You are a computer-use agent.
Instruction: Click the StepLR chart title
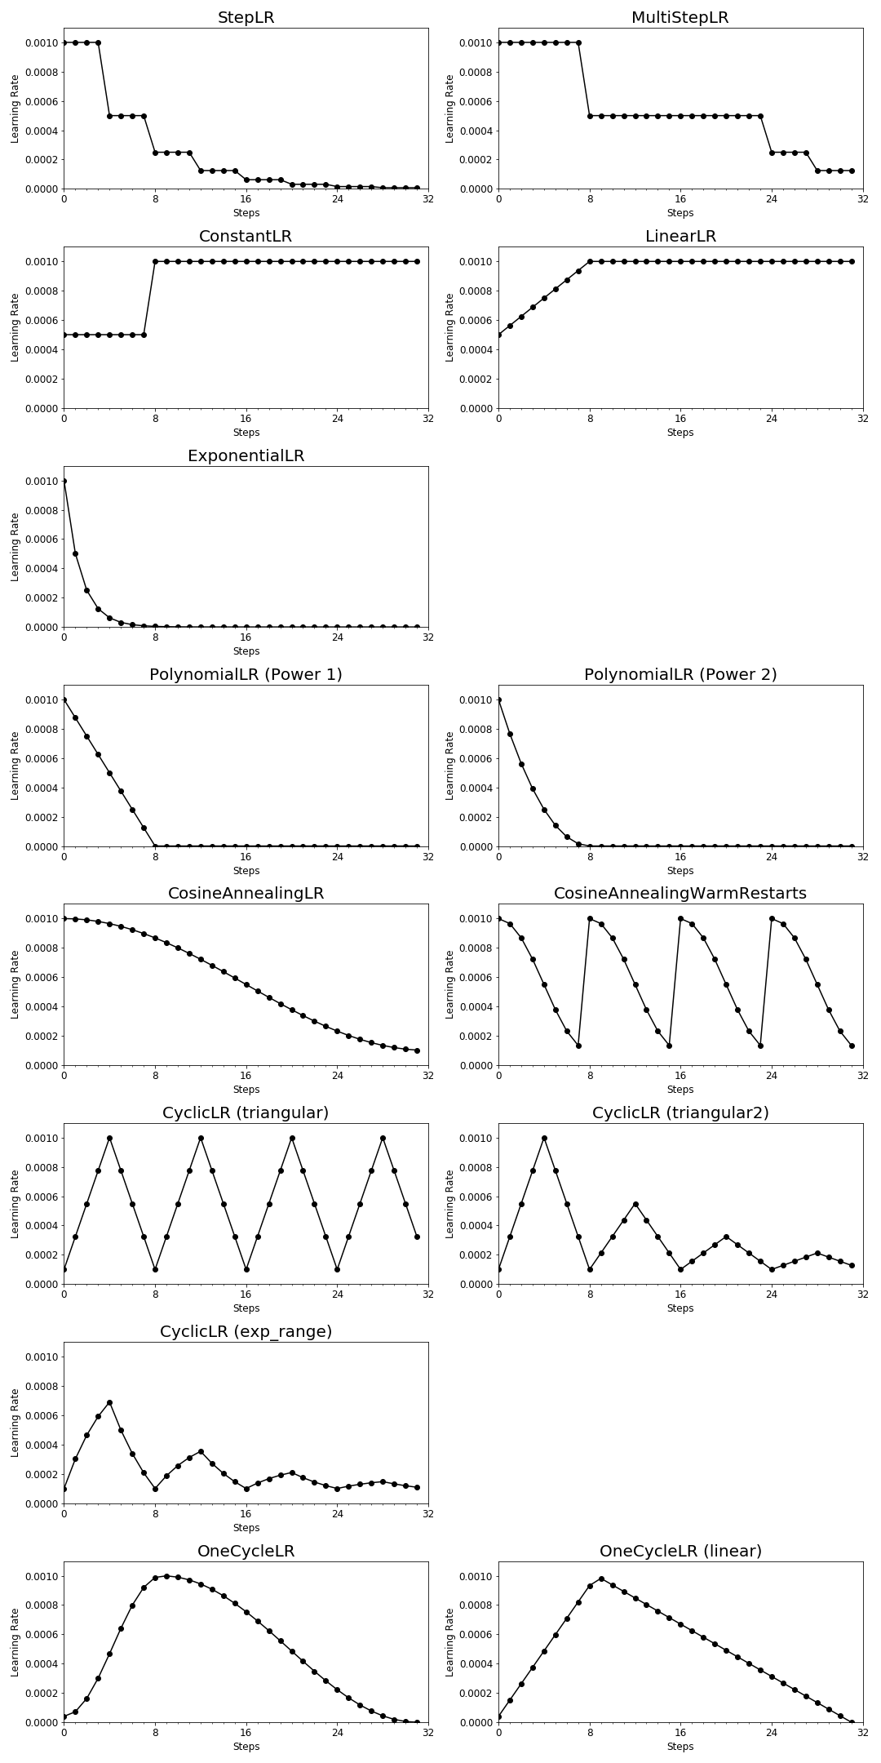coord(246,18)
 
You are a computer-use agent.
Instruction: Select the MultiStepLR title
coord(680,18)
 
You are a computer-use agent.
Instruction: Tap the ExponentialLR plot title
coord(246,456)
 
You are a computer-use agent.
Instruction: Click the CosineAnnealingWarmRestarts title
coord(680,894)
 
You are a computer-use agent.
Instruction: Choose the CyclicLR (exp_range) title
coord(246,1332)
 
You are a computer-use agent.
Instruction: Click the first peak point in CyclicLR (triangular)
coord(109,1138)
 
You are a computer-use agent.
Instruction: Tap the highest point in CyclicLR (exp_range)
coord(109,1402)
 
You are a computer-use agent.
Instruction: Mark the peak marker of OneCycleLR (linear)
coord(601,1579)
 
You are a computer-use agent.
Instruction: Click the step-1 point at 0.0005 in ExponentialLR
coord(75,553)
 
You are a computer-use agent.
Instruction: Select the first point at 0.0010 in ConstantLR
coord(155,261)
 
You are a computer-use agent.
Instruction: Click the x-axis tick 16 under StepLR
coord(246,199)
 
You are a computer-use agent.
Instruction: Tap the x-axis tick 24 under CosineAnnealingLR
coord(337,1076)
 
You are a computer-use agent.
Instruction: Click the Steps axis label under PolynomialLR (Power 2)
coord(680,871)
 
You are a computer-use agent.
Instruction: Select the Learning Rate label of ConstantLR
coord(15,327)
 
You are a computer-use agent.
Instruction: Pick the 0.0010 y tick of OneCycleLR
coord(40,1576)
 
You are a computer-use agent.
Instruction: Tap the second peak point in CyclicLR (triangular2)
coord(635,1204)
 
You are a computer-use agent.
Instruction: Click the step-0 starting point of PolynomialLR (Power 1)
coord(64,699)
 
